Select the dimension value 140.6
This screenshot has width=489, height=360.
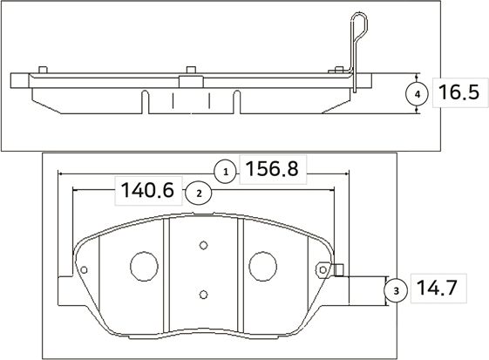click(x=147, y=190)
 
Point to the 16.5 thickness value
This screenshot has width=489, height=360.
click(x=458, y=92)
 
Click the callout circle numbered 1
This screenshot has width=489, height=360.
click(x=225, y=172)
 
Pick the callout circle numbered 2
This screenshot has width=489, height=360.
click(x=199, y=193)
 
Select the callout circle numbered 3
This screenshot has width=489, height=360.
click(x=396, y=289)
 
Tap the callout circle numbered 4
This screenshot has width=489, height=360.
click(x=418, y=93)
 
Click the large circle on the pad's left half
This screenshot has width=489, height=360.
click(x=142, y=266)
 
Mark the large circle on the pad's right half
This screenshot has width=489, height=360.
click(x=261, y=266)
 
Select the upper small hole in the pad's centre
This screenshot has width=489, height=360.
click(x=202, y=245)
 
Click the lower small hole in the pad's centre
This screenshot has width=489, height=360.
click(x=202, y=294)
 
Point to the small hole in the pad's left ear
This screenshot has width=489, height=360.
click(x=84, y=271)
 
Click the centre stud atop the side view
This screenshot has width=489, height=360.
click(x=189, y=67)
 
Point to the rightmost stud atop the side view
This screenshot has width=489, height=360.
click(x=336, y=67)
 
